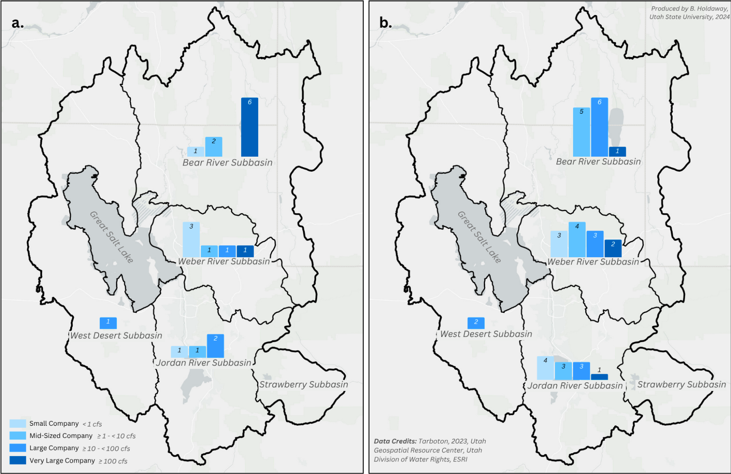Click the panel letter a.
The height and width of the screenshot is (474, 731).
point(17,23)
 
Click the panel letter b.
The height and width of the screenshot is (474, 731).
point(385,23)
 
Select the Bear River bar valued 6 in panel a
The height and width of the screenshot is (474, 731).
point(250,127)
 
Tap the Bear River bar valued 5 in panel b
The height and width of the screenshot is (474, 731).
point(581,132)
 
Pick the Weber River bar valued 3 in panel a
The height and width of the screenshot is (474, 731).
point(191,239)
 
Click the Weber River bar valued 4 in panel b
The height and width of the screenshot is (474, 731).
point(577,239)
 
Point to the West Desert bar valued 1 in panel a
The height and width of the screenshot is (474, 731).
point(108,323)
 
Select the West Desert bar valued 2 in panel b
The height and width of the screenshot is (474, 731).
point(476,323)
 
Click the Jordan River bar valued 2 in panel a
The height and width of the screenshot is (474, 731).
point(215,346)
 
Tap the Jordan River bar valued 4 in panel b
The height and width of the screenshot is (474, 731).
point(545,368)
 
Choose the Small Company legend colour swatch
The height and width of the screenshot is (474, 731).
point(18,423)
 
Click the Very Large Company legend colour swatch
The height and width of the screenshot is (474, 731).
point(18,460)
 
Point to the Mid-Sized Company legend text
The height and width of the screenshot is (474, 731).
point(61,436)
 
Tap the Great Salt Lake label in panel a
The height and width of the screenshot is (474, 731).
point(111,237)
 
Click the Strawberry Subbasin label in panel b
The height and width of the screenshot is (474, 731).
point(681,384)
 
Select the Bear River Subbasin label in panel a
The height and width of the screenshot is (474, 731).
point(227,163)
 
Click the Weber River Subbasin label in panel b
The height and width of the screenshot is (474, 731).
point(593,262)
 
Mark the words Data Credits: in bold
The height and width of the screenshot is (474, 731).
point(395,441)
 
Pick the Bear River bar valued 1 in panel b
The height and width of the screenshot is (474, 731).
point(617,151)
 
